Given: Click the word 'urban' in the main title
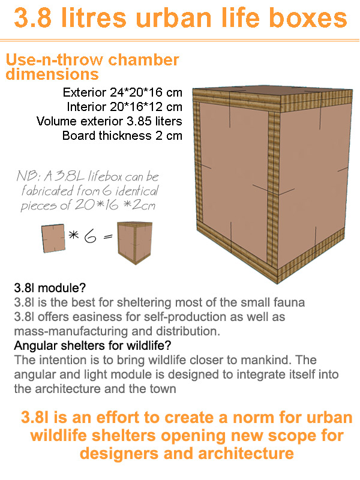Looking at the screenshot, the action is pos(173,18).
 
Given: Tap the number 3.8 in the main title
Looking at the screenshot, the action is pos(32,18).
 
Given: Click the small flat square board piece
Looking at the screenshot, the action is pos(53,238).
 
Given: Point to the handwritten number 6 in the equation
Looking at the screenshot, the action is pos(91,236).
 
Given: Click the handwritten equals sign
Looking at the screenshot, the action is pos(108,236).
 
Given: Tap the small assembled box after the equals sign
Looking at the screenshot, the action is pos(134,243).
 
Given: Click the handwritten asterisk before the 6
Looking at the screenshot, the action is pos(73,235).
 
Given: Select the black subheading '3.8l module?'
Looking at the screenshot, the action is pos(50,288).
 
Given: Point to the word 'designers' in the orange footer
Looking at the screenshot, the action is pos(119,454).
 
